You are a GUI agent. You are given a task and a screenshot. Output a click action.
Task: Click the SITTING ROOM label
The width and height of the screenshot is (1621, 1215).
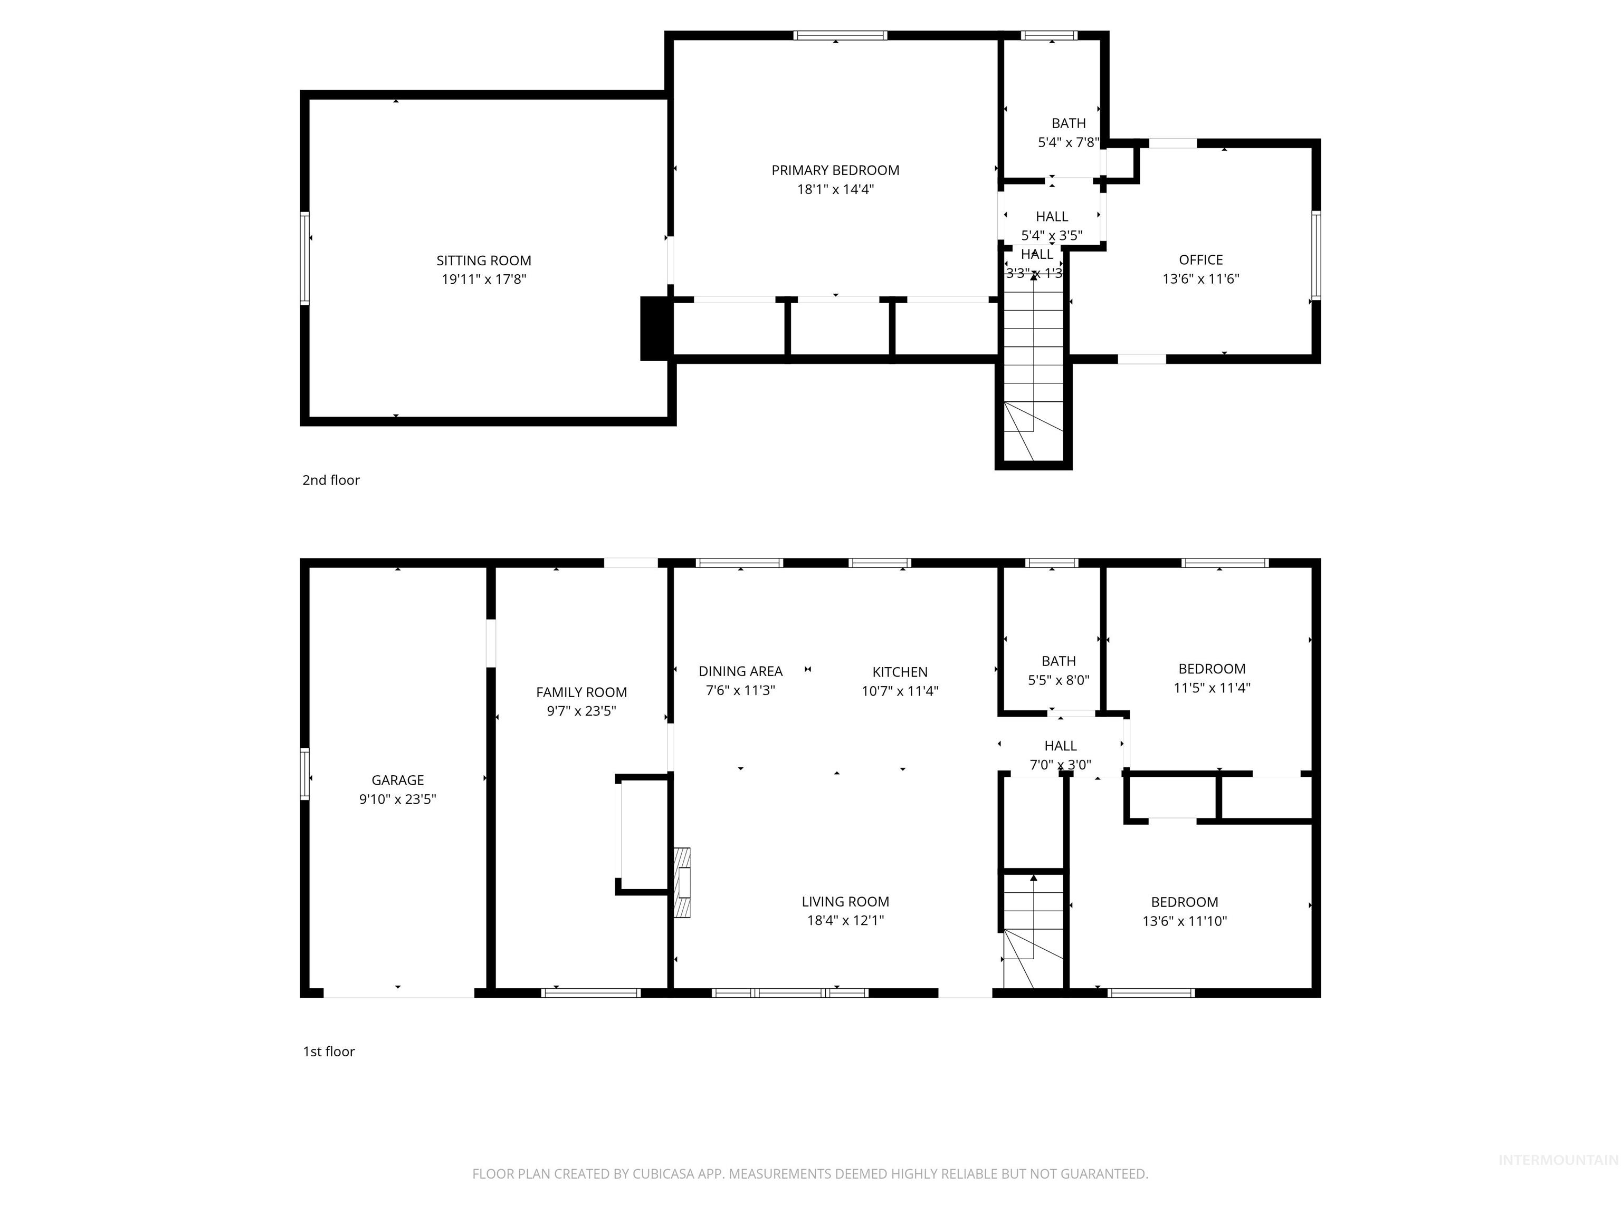coord(484,260)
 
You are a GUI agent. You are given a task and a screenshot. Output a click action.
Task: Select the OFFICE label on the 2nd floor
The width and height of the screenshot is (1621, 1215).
coord(1200,259)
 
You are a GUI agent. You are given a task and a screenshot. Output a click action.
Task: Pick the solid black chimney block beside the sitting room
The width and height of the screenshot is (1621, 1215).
coord(656,328)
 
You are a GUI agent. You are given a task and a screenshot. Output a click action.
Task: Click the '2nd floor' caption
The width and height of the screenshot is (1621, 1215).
coord(330,480)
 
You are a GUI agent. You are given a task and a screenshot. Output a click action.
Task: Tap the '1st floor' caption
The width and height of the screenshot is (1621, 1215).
coord(328,1051)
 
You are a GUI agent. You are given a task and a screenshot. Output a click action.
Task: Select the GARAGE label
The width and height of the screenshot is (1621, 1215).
coord(397,780)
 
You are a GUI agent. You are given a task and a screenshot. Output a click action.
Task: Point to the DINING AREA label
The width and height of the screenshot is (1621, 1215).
coord(740,671)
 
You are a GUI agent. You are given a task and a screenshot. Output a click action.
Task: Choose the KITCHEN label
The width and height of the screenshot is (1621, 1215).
coord(900,672)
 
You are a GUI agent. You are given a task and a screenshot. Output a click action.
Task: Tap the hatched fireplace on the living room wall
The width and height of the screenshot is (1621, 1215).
coord(682,883)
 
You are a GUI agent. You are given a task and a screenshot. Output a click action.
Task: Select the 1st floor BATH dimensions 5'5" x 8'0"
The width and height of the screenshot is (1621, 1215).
coord(1058,680)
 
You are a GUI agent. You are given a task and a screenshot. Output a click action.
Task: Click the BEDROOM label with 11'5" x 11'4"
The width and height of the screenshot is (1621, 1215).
coord(1212,669)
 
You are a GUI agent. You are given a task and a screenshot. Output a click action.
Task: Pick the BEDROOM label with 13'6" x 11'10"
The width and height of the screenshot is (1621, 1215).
coord(1184,902)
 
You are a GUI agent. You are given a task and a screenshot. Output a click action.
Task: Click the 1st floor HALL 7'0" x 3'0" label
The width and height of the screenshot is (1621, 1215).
coord(1060,746)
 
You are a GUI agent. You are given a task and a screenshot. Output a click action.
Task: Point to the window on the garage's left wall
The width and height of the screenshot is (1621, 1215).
coord(305,774)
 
